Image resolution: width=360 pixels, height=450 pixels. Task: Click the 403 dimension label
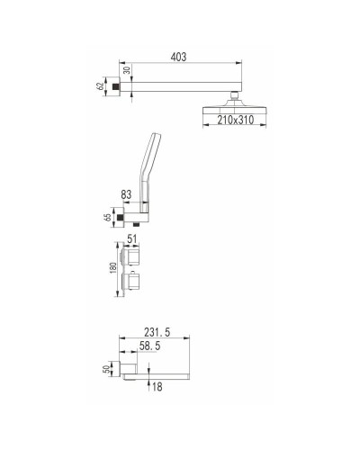[x=181, y=56]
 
